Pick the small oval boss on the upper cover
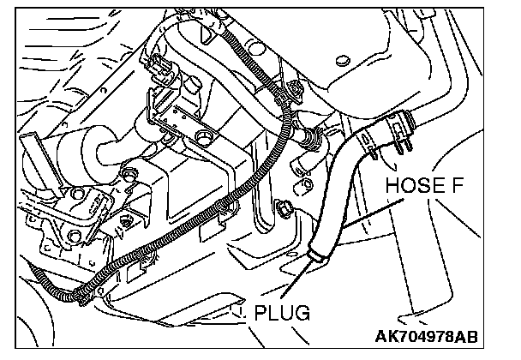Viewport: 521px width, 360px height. pos(343,60)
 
